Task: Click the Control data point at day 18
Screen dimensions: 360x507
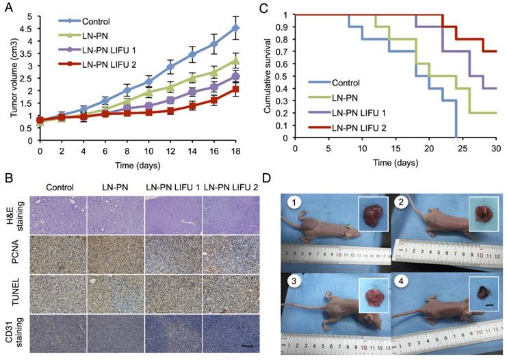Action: click(235, 28)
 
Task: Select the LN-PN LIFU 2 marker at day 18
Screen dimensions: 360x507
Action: click(235, 89)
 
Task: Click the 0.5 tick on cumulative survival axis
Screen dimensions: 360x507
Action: click(285, 76)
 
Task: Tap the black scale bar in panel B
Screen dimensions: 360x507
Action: click(247, 347)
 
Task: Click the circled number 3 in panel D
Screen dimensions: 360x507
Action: click(292, 279)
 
